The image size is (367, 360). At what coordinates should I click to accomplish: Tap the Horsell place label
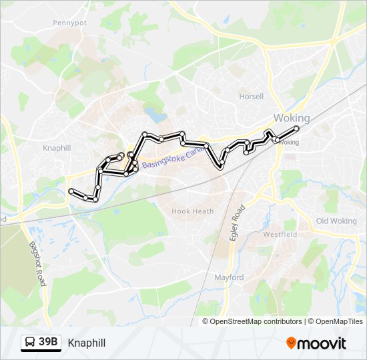(252, 96)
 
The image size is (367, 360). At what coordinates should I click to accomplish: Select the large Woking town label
(292, 118)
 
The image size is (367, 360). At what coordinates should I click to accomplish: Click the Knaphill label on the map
(57, 147)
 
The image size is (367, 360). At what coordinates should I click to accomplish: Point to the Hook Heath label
(193, 211)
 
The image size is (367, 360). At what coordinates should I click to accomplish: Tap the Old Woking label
(336, 221)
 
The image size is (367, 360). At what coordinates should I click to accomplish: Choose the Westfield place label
(279, 235)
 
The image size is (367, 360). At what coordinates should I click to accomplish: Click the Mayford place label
(229, 277)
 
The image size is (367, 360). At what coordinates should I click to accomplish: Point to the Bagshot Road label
(36, 263)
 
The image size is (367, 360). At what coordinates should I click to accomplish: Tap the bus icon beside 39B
(31, 343)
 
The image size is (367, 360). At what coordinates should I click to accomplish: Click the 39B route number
(48, 343)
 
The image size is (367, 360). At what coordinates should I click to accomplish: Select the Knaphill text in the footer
(86, 343)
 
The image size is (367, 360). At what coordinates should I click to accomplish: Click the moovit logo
(316, 343)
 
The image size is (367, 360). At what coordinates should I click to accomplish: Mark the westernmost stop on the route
(71, 191)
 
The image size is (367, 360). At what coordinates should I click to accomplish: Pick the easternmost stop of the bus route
(296, 127)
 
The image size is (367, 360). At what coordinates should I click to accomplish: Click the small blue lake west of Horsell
(157, 115)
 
